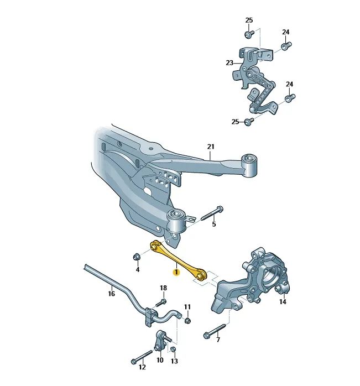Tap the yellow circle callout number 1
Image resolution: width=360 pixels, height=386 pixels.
point(176,272)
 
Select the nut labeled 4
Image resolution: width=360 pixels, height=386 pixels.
point(137,257)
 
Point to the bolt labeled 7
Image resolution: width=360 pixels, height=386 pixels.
point(215,331)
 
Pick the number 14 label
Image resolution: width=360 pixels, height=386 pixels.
point(283,301)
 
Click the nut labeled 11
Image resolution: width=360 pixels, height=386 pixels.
point(187,320)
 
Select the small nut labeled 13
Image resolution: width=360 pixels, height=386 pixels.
point(173,349)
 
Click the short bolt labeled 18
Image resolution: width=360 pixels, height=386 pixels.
point(160,302)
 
